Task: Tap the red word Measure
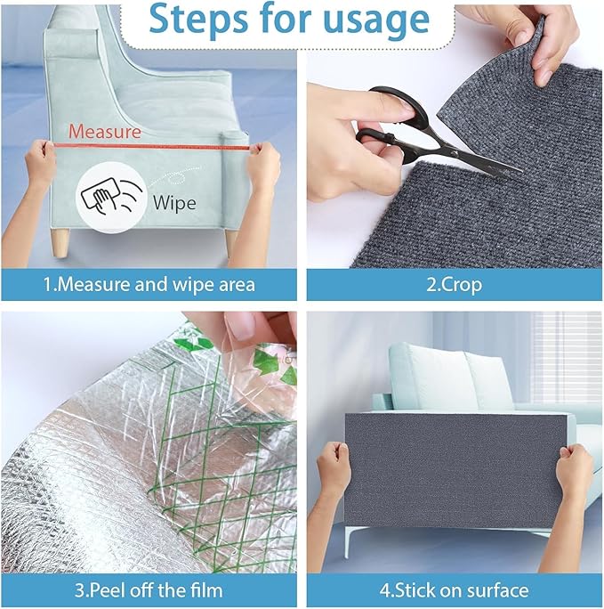point(104,132)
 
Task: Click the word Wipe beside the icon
point(174,202)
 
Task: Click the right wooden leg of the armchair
point(230,241)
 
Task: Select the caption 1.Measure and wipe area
point(150,285)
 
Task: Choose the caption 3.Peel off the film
point(150,589)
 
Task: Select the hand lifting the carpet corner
point(534,36)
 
